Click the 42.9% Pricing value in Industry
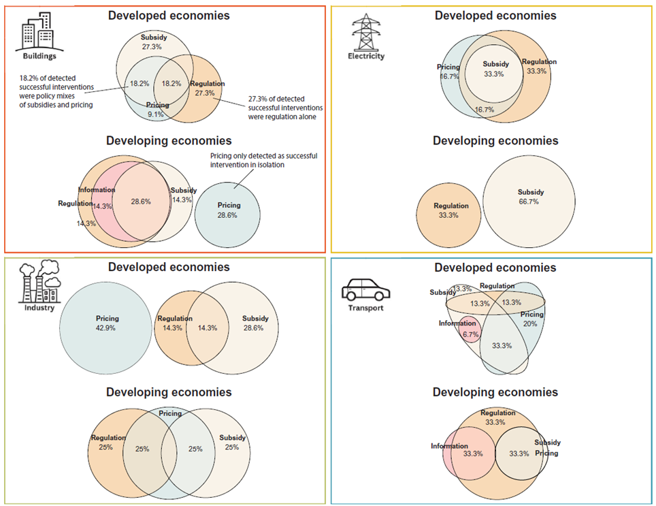point(108,328)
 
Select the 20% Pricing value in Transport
point(530,324)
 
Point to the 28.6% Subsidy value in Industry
point(255,328)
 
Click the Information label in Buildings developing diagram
point(97,191)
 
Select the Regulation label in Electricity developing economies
point(451,206)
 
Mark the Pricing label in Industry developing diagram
point(170,413)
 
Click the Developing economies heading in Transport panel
point(495,392)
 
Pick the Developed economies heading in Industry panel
point(169,267)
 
